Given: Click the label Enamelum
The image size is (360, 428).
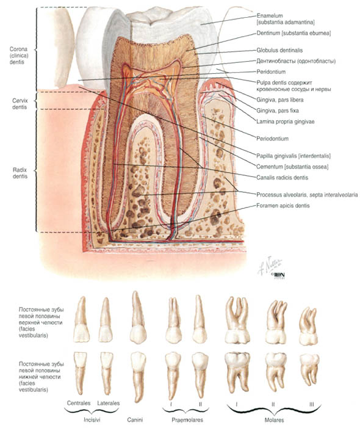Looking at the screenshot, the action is pos(270,15).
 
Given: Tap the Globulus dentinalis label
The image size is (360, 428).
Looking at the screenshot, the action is pos(279,50).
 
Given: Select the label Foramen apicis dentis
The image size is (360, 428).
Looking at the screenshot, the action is pos(283,206).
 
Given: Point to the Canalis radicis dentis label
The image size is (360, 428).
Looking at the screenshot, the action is pos(283,178).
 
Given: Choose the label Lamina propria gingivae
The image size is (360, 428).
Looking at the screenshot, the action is pos(286,122).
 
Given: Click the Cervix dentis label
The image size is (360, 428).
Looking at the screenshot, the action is pos(20,104).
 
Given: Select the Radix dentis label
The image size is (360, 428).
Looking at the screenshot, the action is pos(20,173).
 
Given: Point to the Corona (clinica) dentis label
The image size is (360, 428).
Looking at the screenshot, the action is pos(19,56).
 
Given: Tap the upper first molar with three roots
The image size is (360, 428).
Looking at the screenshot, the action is pos(237,320).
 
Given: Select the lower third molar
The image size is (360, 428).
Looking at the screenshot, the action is pos(309,369).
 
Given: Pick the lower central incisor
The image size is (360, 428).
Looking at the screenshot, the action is pos(80,372).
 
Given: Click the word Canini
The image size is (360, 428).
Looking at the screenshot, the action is pos(135,420).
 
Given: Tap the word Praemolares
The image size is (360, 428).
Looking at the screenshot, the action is pos(187,420).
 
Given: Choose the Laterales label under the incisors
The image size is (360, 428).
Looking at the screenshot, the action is pos(109,403).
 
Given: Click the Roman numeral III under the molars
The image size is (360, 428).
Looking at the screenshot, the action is pos(312,404).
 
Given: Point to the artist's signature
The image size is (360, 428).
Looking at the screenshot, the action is pos(270,266).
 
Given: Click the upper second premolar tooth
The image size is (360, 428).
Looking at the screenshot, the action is pos(200,319).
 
